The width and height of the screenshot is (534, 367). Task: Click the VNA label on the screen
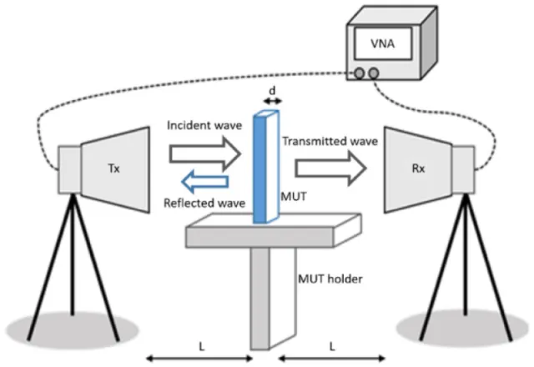coord(383,43)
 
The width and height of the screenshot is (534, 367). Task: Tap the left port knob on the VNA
coord(359,73)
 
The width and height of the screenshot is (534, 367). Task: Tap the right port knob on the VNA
coord(374,73)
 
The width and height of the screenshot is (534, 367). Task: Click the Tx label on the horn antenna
coord(113,168)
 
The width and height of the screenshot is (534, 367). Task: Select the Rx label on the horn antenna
coord(419,168)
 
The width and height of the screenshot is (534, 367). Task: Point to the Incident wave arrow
coord(205,153)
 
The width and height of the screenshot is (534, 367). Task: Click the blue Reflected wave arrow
coord(204,182)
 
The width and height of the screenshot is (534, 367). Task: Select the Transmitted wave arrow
coord(330,168)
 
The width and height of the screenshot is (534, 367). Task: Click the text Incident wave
coord(204,125)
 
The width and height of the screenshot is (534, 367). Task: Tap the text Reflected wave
coord(204,204)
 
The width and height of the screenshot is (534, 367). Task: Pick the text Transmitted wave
coord(330,141)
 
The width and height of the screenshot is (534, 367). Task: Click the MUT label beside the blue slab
coord(294,197)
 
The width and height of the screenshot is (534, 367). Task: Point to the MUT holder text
coord(330,279)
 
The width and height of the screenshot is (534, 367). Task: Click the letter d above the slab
coord(272,91)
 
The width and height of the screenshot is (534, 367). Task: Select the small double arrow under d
coord(273,101)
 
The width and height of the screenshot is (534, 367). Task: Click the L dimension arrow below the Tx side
coord(199,358)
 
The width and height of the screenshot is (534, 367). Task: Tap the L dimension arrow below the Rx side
coord(332,358)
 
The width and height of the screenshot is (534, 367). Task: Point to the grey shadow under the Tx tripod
coord(73,329)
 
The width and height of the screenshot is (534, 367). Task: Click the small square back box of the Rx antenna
coord(463,169)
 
